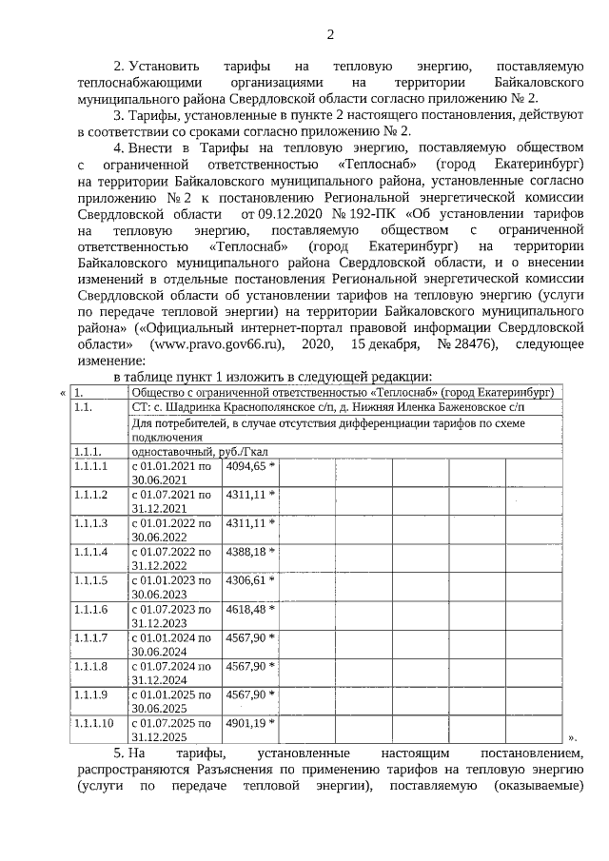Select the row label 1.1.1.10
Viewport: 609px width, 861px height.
pos(94,723)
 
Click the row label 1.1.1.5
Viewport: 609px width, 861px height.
pos(91,580)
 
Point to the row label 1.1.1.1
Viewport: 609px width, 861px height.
pos(91,466)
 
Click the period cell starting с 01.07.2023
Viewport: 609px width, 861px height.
pos(171,616)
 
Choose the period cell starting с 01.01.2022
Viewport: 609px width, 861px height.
pos(171,530)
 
